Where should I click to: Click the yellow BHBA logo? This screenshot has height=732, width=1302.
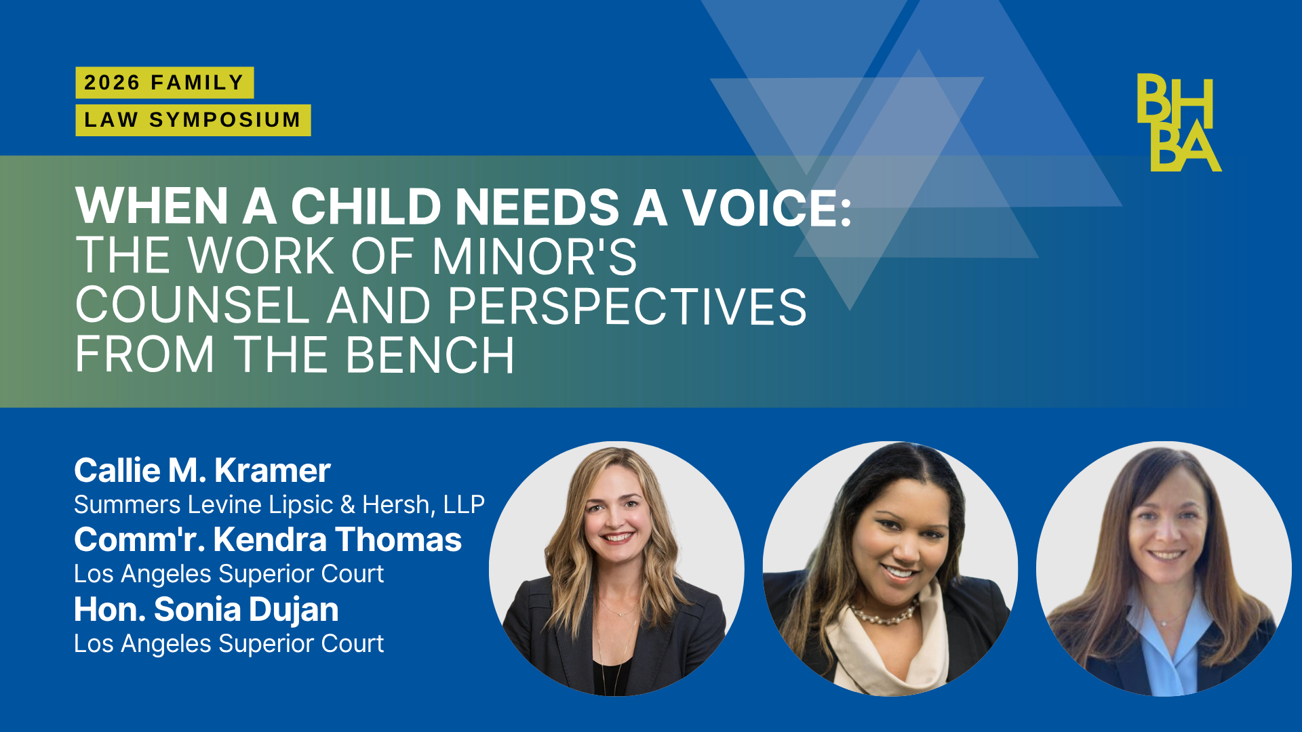coord(1179,122)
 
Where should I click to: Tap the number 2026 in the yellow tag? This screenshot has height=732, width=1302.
coord(112,83)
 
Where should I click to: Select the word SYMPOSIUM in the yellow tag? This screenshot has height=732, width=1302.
coord(225,120)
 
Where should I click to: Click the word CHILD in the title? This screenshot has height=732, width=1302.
coord(366,207)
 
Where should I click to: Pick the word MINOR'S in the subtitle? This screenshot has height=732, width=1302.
coord(534,256)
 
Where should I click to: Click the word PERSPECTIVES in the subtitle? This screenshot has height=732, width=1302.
coord(627,306)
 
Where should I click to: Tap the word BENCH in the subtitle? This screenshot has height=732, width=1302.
coord(430,354)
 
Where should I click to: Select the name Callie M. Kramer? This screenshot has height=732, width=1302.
coord(202,470)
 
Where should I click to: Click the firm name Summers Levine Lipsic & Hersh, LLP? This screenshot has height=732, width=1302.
coord(279,505)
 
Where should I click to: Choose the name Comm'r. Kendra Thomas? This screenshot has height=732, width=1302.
coord(268,540)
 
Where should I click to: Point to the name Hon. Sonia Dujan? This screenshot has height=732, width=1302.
coord(206,609)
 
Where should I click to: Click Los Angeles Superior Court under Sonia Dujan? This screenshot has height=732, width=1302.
coord(229,644)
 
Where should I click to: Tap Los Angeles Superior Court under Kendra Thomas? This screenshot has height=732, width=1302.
coord(229,574)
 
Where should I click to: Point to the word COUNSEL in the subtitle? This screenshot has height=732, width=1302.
coord(193,306)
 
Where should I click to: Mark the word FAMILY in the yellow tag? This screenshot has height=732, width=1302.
coord(197,83)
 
